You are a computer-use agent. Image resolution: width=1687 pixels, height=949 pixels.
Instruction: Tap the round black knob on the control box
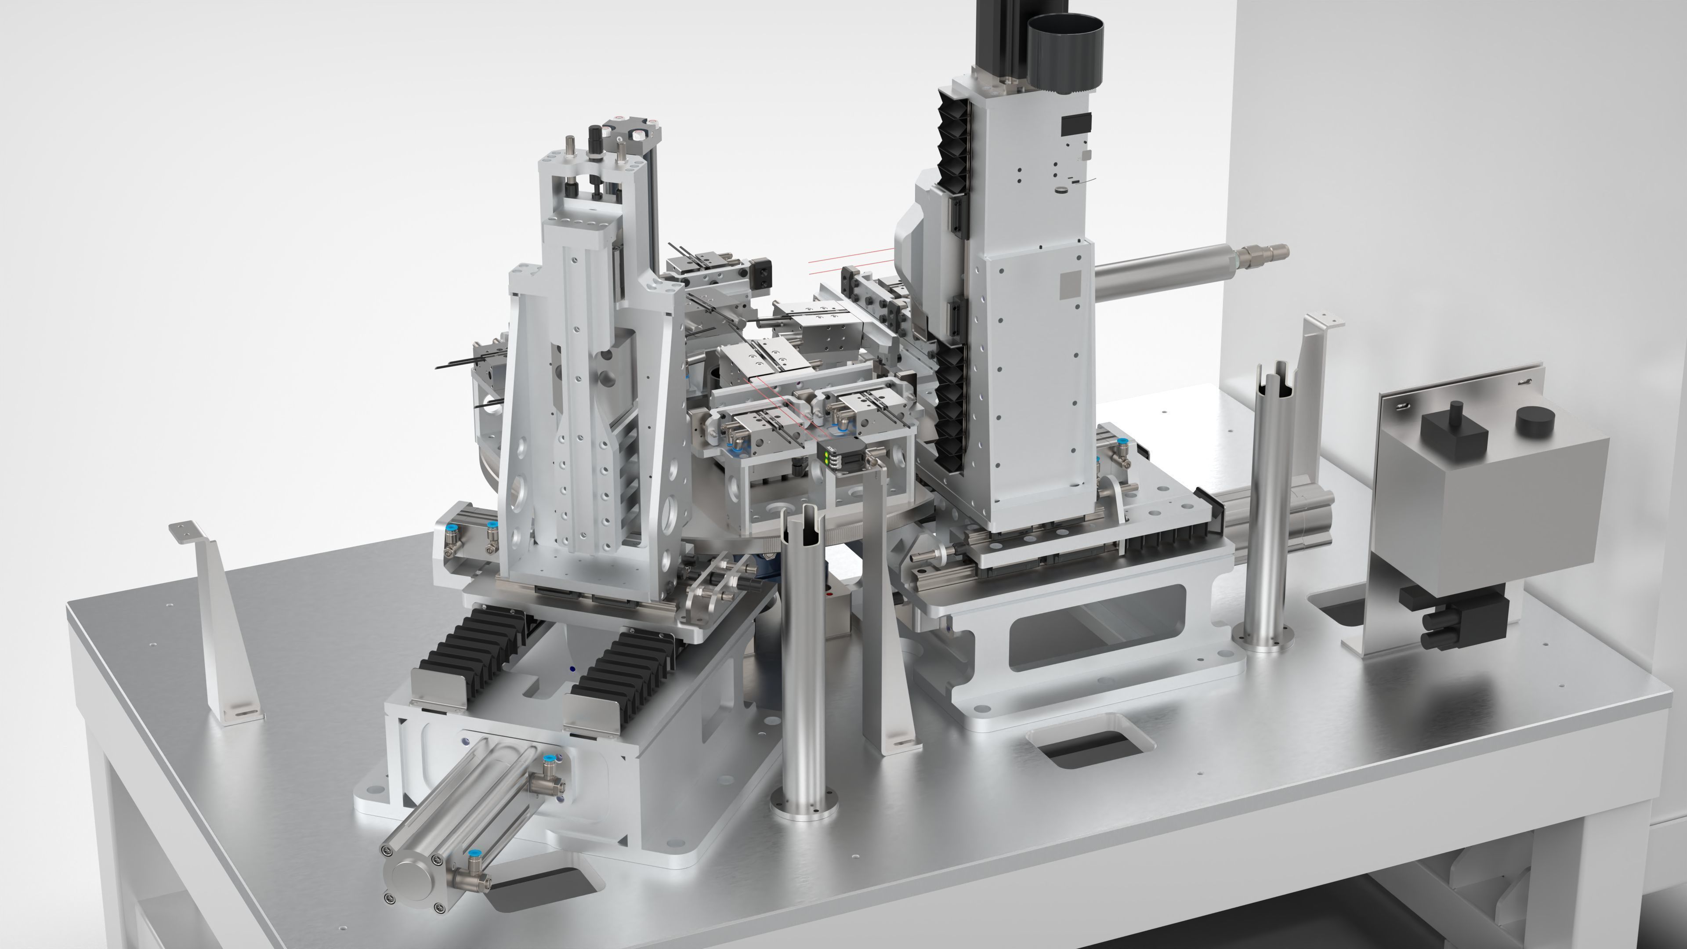[x=1535, y=422]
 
